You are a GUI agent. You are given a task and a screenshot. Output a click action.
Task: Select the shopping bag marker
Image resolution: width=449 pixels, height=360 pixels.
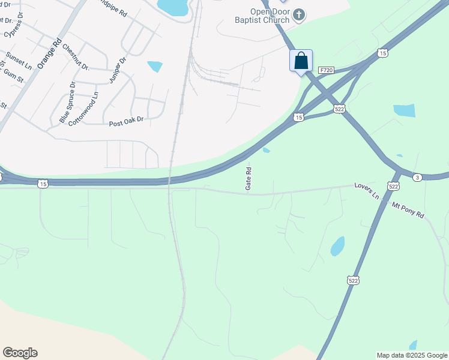(x=301, y=61)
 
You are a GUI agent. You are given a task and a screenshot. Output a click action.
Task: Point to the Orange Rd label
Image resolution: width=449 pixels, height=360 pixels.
(x=49, y=53)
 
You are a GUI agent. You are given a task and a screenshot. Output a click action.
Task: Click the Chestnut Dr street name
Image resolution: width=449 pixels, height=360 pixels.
(x=75, y=58)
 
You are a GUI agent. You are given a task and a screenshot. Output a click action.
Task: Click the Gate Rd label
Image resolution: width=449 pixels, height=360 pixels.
(x=248, y=179)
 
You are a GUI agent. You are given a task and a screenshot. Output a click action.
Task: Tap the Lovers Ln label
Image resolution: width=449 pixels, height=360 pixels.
(x=366, y=191)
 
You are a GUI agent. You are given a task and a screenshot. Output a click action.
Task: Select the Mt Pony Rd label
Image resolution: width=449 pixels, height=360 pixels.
(x=408, y=210)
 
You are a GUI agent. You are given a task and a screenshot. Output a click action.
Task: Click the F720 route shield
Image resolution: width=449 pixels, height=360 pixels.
(x=326, y=70)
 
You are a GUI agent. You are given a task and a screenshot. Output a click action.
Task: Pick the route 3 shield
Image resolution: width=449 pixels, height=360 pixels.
(x=417, y=176)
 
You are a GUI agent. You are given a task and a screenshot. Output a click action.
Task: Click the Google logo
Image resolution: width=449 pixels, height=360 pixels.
(x=20, y=353)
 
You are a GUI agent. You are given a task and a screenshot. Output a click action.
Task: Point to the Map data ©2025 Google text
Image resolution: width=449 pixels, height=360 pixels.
(x=412, y=355)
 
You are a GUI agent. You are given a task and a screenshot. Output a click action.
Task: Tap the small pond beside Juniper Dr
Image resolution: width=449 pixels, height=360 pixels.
(x=155, y=66)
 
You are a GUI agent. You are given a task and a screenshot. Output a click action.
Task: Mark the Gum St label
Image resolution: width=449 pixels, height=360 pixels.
(x=14, y=77)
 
